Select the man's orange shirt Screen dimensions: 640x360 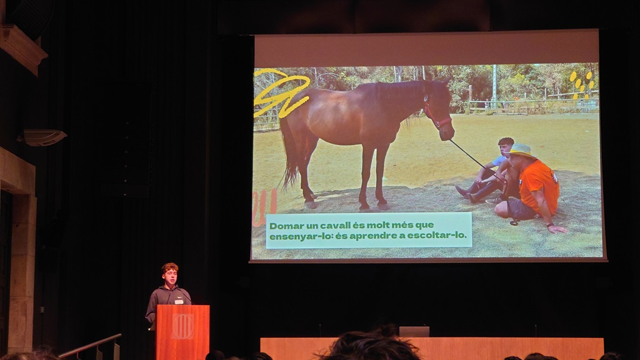[539, 186]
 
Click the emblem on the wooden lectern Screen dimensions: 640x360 [182, 326]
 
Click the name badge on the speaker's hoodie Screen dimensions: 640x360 [179, 302]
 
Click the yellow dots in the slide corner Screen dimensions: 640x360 [581, 84]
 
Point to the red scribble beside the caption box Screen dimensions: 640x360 [264, 207]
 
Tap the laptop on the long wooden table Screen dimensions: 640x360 [414, 331]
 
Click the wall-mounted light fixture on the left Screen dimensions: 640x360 [44, 137]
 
